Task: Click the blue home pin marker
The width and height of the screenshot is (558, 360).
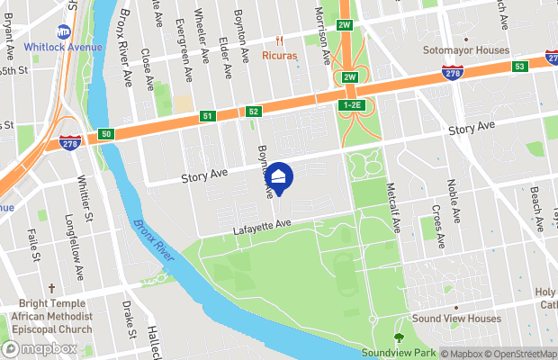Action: coord(279,176)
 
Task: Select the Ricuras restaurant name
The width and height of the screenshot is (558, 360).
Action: coord(279,55)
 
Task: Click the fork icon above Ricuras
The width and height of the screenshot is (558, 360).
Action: coord(279,40)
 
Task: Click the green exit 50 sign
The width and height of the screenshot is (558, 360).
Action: coord(107,134)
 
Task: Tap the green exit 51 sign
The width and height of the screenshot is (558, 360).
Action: coord(208,116)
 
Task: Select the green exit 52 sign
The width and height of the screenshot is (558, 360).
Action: coord(254,112)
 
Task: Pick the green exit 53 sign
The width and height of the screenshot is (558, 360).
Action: coord(519,66)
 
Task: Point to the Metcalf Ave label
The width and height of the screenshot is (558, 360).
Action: coord(392,204)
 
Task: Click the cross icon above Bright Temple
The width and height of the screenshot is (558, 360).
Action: coord(52,290)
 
